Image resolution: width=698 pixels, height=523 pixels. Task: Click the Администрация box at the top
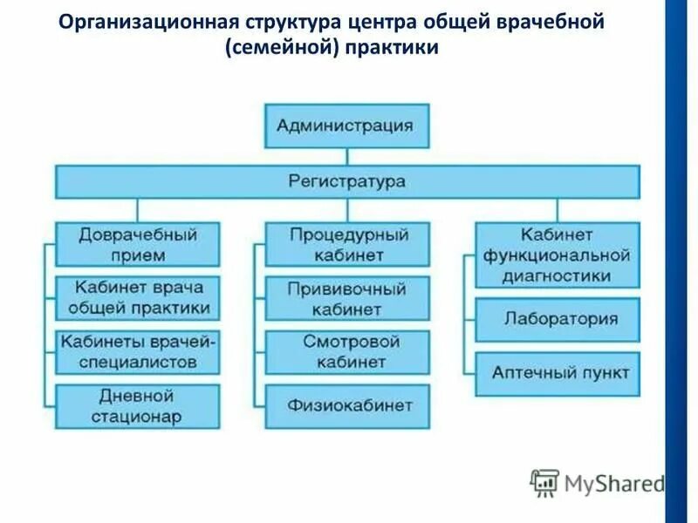(x=346, y=126)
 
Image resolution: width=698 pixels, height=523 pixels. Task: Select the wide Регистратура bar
(x=346, y=181)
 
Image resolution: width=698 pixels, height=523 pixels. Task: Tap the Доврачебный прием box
(x=137, y=244)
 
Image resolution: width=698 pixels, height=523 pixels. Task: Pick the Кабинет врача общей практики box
(x=137, y=297)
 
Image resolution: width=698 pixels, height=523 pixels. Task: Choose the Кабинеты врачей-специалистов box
(x=137, y=351)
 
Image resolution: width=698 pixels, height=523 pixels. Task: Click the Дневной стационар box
(x=137, y=406)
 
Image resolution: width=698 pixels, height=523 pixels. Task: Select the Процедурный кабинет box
(x=346, y=244)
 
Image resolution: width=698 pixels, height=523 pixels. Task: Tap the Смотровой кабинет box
(x=346, y=351)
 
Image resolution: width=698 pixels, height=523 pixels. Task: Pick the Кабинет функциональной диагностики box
(x=557, y=255)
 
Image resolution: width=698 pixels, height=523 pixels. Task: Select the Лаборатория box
(x=557, y=319)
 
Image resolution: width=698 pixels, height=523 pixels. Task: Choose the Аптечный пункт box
(x=557, y=373)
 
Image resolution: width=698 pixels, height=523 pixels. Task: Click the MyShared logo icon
(x=544, y=482)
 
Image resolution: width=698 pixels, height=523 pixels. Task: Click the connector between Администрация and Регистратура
(x=346, y=156)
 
